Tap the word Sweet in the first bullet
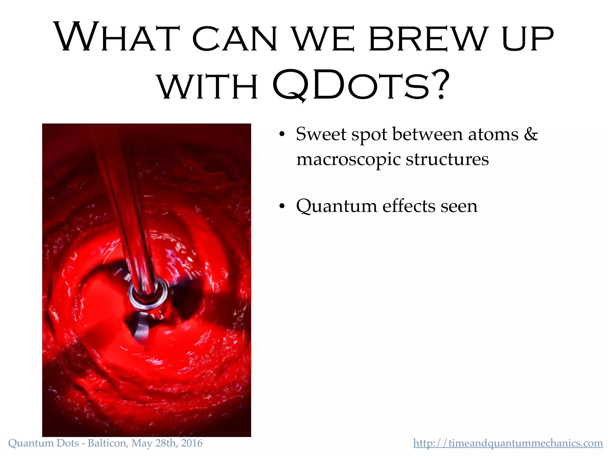pos(321,134)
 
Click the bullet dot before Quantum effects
pos(282,206)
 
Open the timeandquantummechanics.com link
pos(508,443)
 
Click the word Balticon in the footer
pos(107,443)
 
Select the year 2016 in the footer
pos(192,443)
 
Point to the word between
pos(427,134)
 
